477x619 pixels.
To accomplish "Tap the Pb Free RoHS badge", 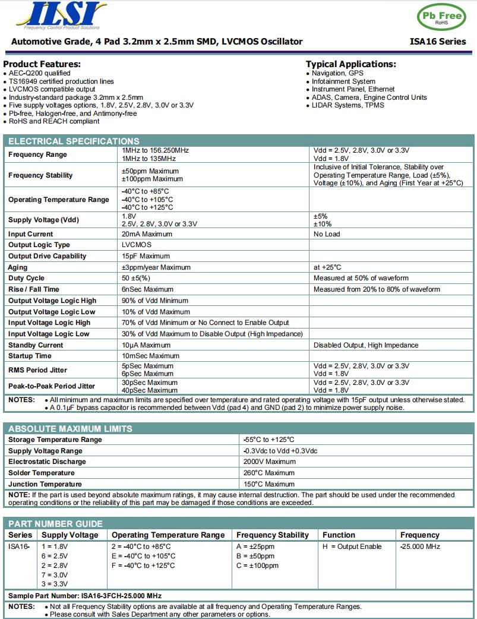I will coord(441,17).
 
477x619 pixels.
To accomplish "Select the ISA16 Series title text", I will coord(438,42).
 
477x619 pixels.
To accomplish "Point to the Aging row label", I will coord(18,267).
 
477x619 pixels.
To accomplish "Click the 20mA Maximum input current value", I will coord(147,234).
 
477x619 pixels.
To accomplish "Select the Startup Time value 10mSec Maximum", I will coord(150,356).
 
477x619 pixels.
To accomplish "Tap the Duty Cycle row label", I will coord(26,278).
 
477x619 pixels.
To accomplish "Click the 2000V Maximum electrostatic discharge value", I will coord(269,462).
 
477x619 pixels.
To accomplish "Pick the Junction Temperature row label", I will coord(45,484).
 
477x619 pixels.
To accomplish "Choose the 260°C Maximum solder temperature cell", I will coord(268,473).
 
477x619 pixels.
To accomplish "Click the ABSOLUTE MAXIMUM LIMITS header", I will coord(70,429).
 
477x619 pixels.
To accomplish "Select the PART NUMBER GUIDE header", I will coord(55,524).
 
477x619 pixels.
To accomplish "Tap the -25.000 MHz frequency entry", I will coord(420,547).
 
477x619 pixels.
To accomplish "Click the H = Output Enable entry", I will coord(352,547).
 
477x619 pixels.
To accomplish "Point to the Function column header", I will coord(339,535).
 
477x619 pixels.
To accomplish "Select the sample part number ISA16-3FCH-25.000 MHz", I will coord(84,596).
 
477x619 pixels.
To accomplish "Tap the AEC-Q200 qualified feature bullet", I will coord(39,73).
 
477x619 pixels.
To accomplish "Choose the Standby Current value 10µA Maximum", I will coord(146,345).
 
